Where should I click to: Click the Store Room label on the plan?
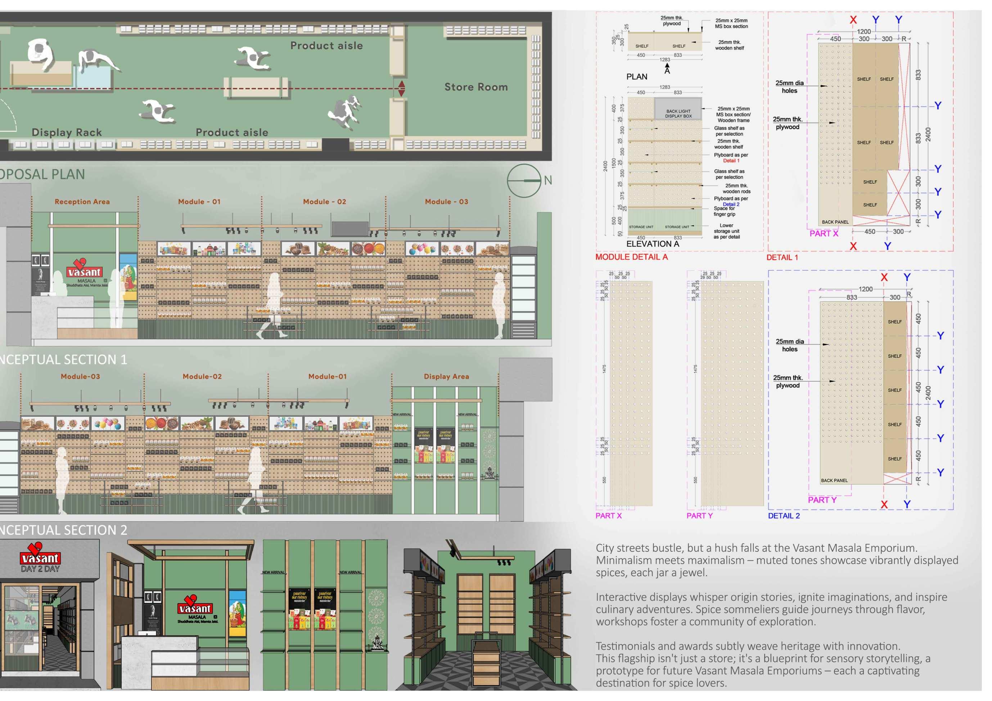tap(476, 87)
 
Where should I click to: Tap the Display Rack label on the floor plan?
tap(67, 132)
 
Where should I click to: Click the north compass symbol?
tap(524, 181)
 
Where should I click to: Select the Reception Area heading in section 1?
tap(82, 202)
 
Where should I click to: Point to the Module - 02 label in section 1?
tap(324, 202)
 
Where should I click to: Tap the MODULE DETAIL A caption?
tap(631, 257)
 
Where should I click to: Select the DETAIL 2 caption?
tap(783, 516)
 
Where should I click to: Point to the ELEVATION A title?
tap(653, 244)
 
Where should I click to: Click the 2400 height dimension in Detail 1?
tap(928, 134)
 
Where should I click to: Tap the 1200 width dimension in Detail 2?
tap(865, 289)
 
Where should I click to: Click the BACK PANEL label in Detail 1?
tap(835, 222)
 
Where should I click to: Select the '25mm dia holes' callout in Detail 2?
tap(789, 345)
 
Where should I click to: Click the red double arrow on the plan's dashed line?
tap(401, 88)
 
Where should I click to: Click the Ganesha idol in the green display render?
tap(376, 643)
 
